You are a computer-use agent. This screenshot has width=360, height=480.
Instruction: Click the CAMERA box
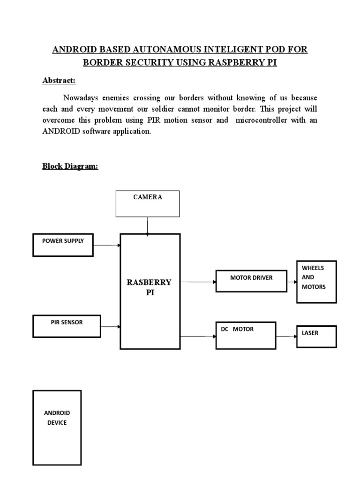click(x=148, y=203)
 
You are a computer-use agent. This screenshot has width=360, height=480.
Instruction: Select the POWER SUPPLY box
click(x=63, y=245)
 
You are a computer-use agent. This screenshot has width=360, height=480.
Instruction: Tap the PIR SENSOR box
click(x=67, y=326)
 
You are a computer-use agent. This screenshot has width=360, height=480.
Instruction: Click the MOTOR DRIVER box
click(x=251, y=281)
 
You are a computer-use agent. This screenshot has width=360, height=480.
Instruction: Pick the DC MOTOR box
click(x=245, y=335)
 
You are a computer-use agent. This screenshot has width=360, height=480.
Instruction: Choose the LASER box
click(x=316, y=336)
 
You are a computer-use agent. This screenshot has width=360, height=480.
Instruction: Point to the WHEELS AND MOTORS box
click(x=316, y=282)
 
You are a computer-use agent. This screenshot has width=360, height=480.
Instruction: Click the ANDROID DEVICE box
click(x=57, y=427)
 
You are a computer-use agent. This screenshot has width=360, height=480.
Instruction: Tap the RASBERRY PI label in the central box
click(x=150, y=287)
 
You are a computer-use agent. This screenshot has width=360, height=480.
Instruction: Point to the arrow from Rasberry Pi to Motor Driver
click(x=198, y=282)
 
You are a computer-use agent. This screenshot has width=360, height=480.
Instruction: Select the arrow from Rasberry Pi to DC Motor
click(x=198, y=336)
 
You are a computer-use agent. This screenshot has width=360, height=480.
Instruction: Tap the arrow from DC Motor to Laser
click(x=285, y=336)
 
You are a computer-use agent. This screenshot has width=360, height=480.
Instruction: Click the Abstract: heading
click(x=59, y=81)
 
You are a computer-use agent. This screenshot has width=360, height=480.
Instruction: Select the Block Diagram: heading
click(x=70, y=166)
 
